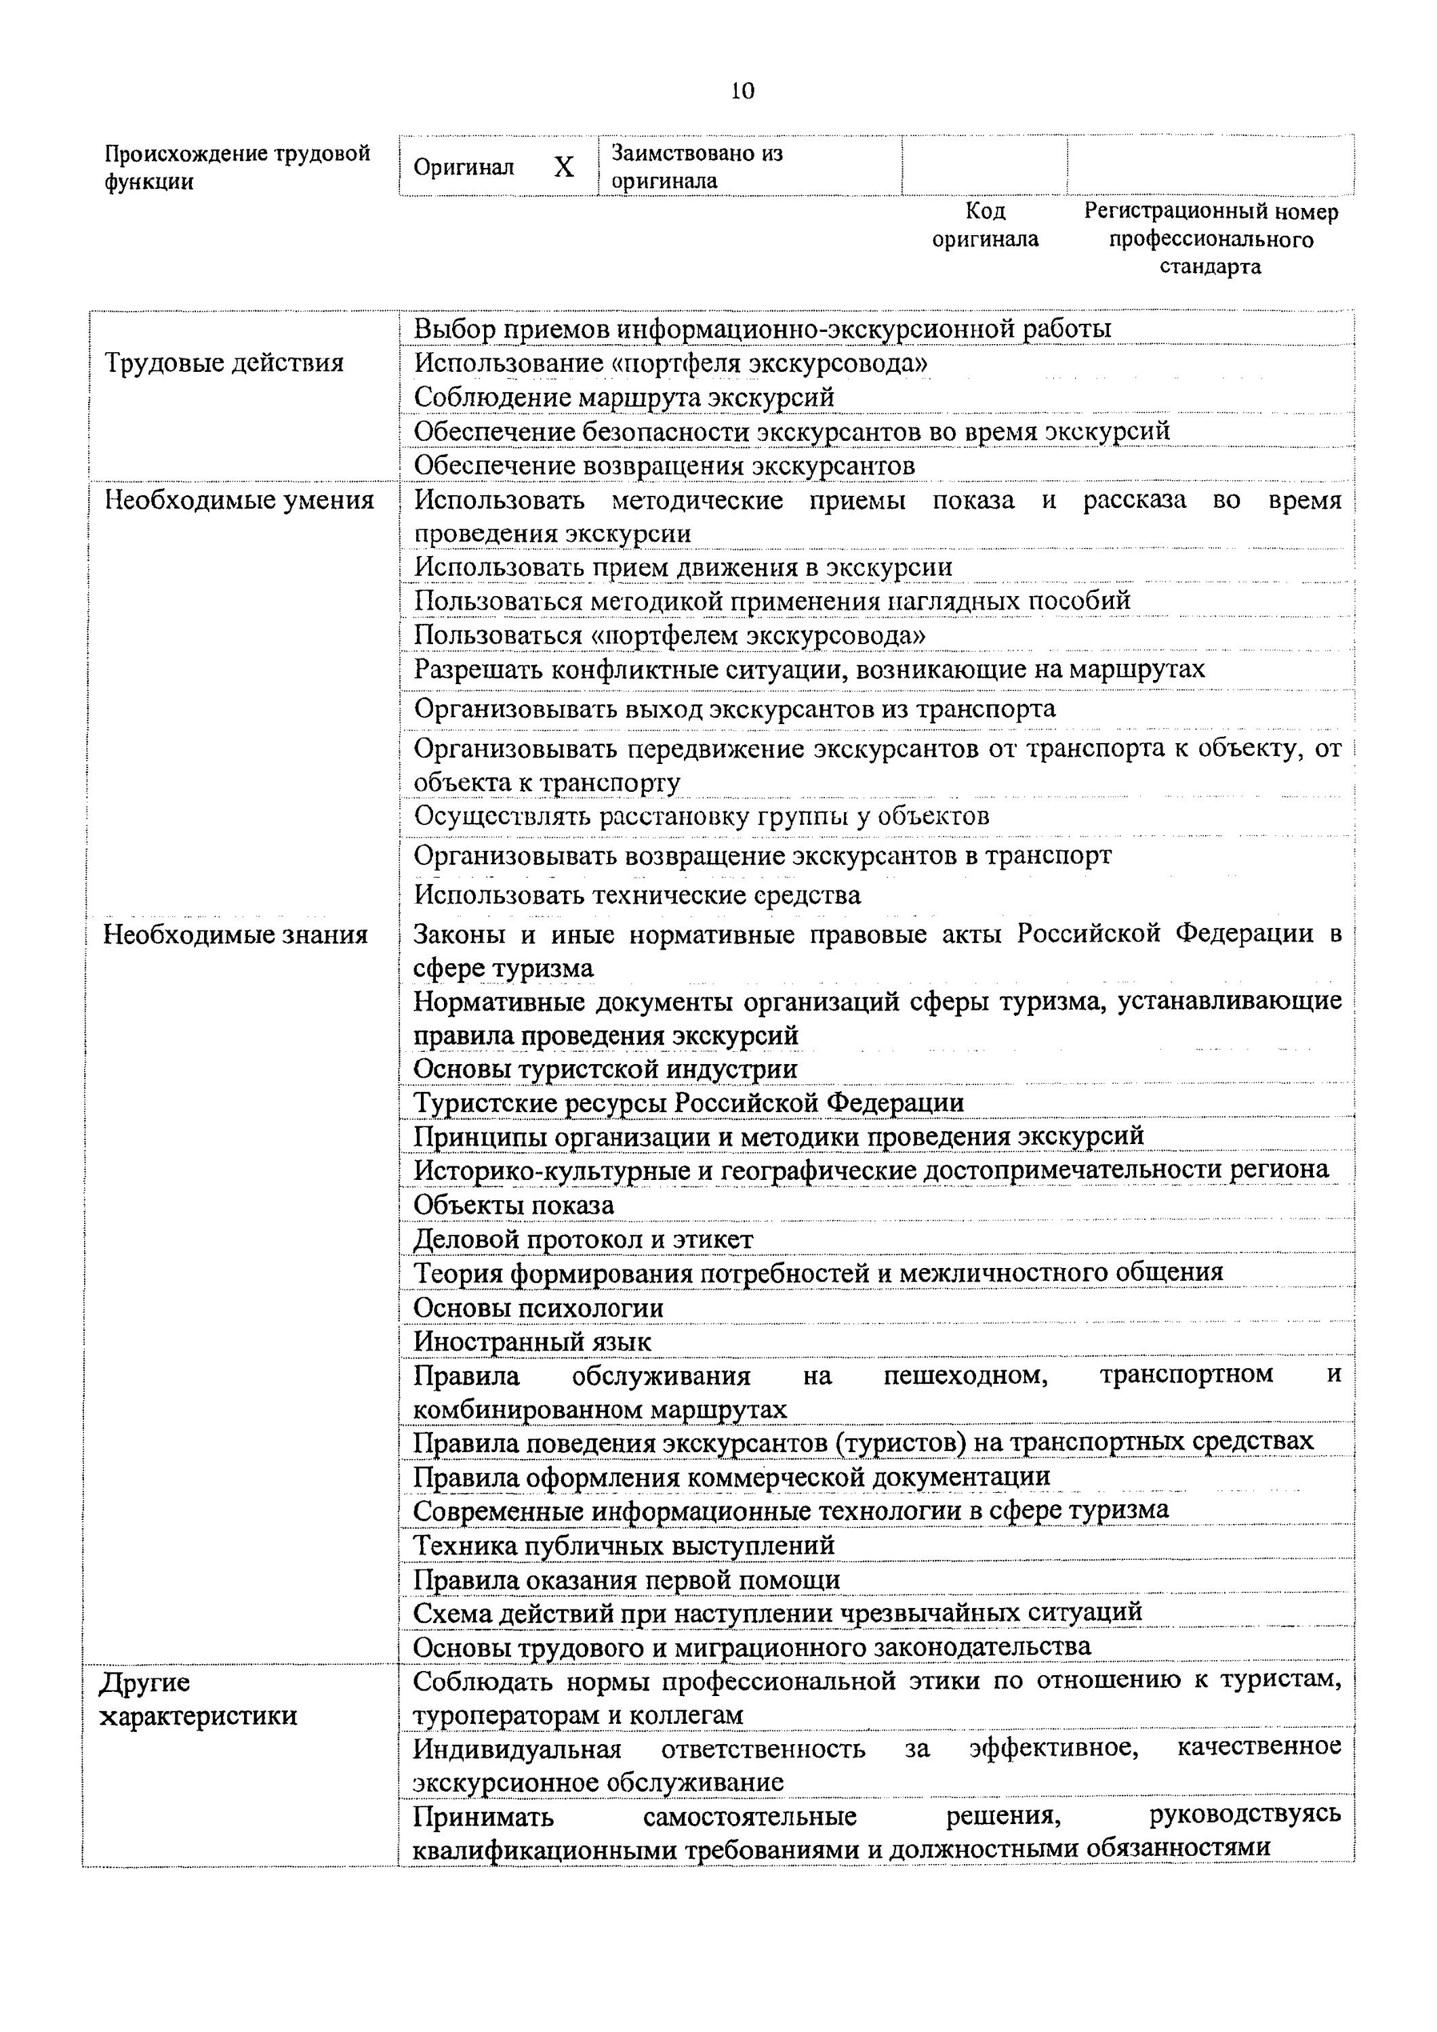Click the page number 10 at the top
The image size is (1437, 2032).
tap(742, 91)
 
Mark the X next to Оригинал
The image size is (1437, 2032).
tap(564, 167)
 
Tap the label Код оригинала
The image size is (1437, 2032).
tap(985, 225)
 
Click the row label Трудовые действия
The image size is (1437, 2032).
tap(224, 363)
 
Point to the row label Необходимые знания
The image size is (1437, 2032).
tap(235, 935)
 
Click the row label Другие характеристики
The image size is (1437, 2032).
tap(197, 1698)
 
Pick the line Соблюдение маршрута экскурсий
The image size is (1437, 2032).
tap(624, 398)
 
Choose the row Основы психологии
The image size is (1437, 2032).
tap(538, 1308)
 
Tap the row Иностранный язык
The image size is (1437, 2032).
tap(532, 1342)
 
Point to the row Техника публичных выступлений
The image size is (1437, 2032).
tap(624, 1545)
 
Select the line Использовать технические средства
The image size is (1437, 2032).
tap(637, 895)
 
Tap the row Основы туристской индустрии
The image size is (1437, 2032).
tap(605, 1069)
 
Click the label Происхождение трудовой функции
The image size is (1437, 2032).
tap(237, 167)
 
